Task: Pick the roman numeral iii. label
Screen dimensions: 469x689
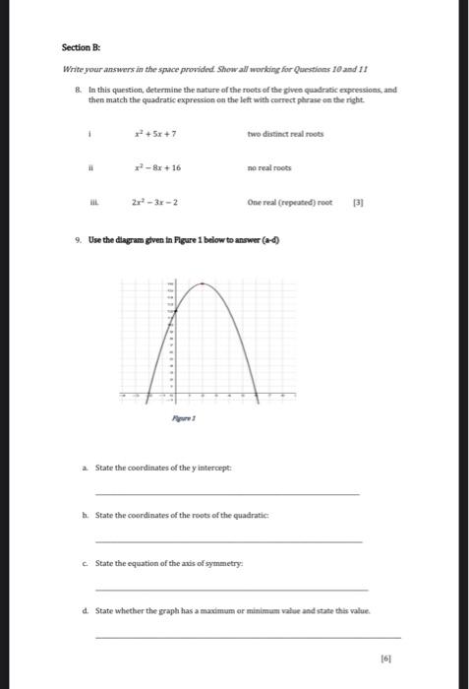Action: pos(91,203)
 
